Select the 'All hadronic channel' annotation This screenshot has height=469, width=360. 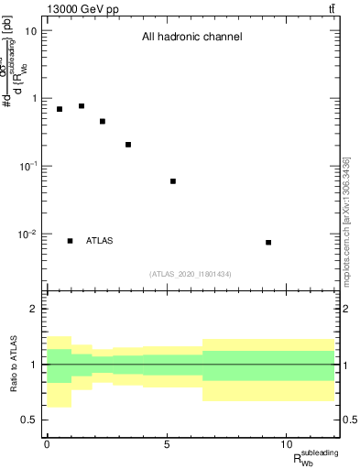tap(191, 38)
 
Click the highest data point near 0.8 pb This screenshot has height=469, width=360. tap(82, 106)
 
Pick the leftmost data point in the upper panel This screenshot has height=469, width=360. tap(60, 109)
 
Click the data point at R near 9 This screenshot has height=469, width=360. tap(268, 243)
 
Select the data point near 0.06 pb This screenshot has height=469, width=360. tap(173, 181)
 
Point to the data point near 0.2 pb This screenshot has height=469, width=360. tap(128, 145)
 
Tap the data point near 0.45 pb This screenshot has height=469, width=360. tap(103, 121)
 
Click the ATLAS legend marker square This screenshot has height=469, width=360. tap(70, 241)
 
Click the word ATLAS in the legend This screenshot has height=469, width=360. tap(100, 241)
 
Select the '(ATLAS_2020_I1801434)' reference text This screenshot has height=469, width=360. tap(191, 274)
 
